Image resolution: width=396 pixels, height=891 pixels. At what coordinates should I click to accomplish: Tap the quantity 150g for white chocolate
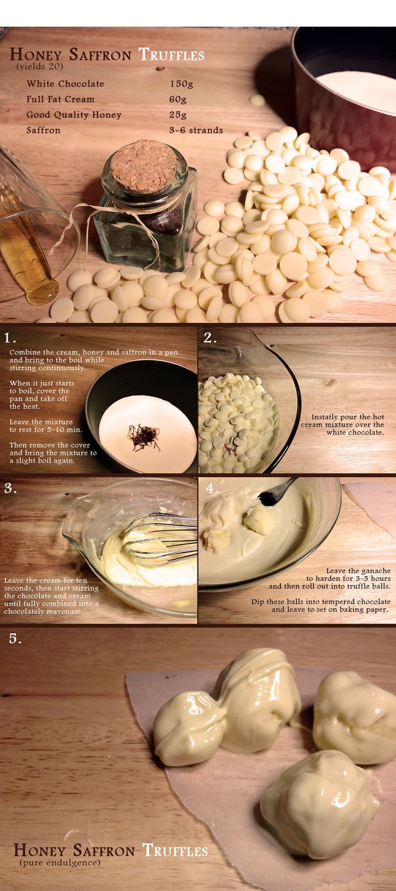point(182,84)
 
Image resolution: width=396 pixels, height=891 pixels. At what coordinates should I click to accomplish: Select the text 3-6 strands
point(196,130)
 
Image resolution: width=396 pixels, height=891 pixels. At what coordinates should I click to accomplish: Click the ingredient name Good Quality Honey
point(74,115)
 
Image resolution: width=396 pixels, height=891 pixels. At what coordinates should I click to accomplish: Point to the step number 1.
point(10,338)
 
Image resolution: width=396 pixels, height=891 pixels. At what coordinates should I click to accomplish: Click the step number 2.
point(210,338)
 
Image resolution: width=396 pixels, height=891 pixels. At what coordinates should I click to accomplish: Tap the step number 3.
point(10,488)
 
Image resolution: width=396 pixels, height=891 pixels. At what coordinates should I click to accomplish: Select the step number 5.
point(15,639)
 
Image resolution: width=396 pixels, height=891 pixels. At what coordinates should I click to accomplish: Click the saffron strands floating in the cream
point(144,437)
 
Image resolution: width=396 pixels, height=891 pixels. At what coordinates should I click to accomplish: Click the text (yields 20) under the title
point(40,66)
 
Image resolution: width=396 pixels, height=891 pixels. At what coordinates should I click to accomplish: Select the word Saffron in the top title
point(100,54)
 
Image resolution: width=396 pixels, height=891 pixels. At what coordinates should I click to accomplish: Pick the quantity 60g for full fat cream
point(178,100)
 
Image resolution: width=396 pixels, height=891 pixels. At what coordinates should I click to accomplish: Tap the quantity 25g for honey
point(178,115)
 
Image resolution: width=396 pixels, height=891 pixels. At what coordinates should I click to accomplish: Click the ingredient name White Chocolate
point(66,84)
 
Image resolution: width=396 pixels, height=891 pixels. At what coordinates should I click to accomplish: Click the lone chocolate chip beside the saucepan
point(257,100)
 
